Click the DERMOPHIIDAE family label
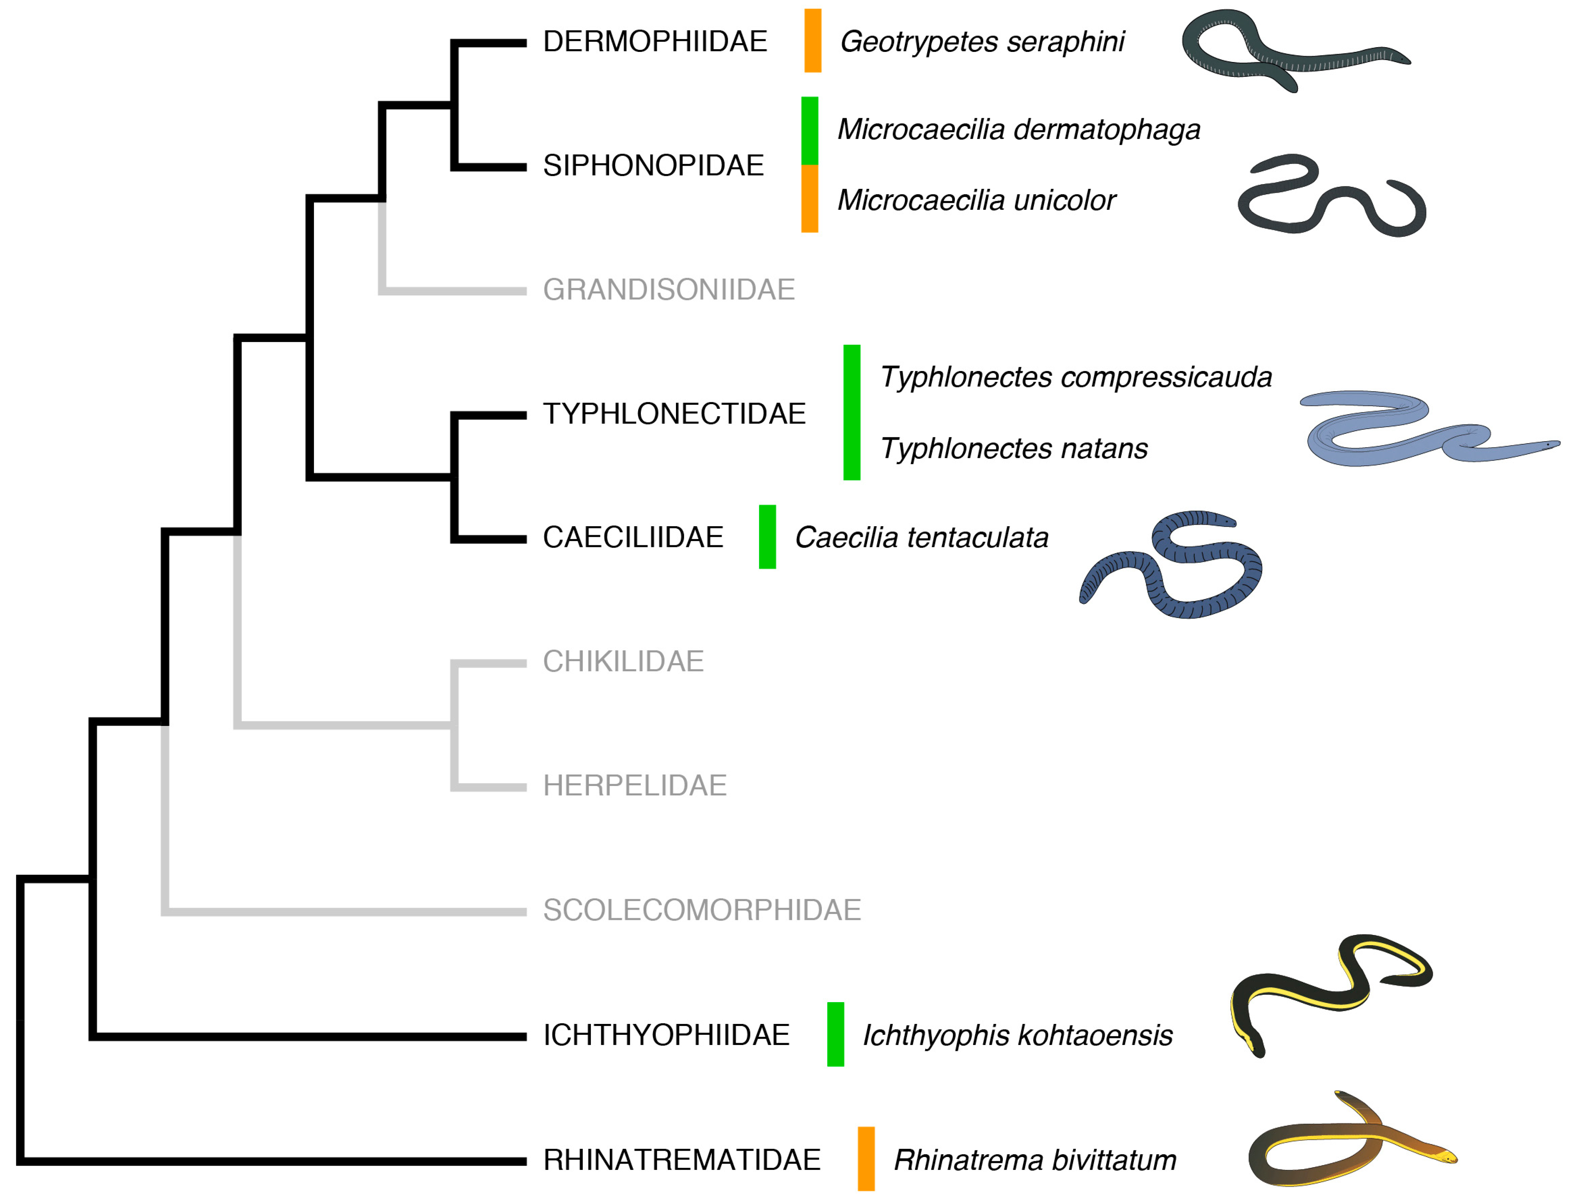pos(654,41)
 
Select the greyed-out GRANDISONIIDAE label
pos(668,290)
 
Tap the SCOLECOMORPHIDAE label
pos(702,910)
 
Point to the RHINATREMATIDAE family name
pos(681,1160)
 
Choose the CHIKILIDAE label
pos(623,662)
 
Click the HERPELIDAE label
pos(634,786)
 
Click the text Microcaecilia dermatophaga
pos(1018,130)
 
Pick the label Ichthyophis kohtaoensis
pos(1016,1035)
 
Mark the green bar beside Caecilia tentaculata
pos(768,537)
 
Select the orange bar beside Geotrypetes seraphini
pos(812,41)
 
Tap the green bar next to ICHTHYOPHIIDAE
pos(835,1035)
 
